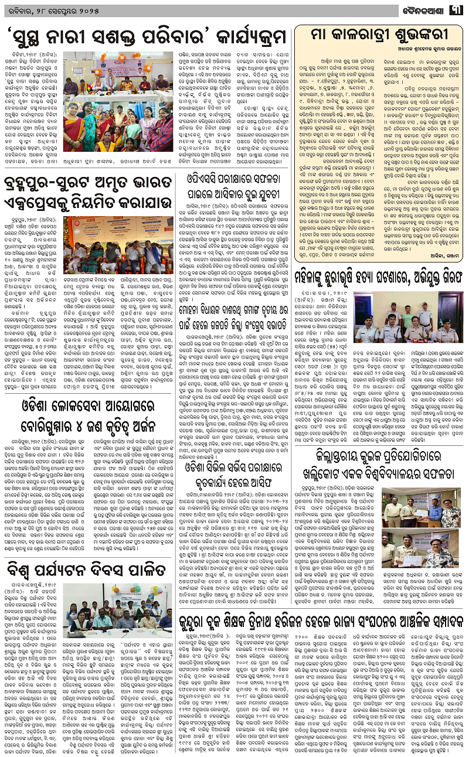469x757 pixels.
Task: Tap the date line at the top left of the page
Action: [x=44, y=9]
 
